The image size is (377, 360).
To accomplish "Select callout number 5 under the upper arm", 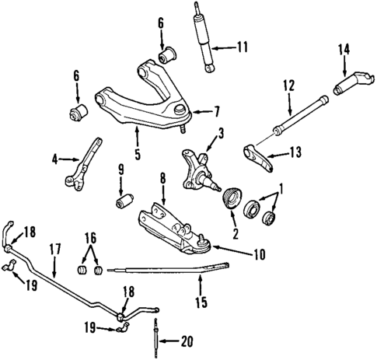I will click(x=137, y=154).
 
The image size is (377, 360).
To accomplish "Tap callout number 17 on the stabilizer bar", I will click(x=55, y=250).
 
